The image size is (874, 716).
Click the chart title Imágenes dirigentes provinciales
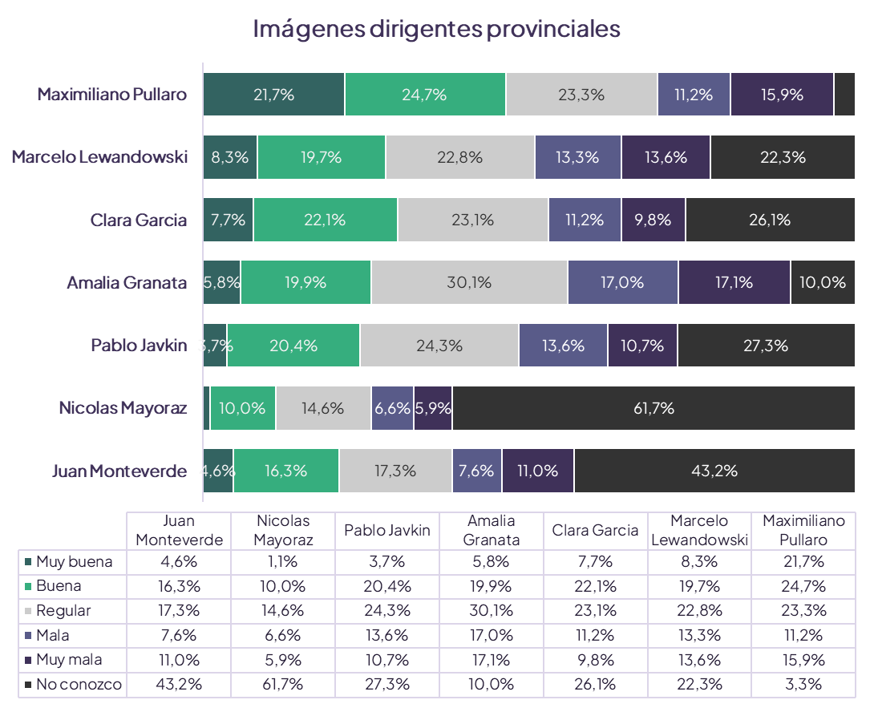(x=437, y=29)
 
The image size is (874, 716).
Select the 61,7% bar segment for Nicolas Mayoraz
(x=653, y=408)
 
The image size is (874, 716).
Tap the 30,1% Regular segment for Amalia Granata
(x=469, y=282)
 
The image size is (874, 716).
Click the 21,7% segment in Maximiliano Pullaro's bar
(x=273, y=95)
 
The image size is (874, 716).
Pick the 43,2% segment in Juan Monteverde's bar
(x=714, y=471)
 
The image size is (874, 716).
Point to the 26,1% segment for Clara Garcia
(x=770, y=220)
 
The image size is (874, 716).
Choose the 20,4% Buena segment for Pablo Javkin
(x=293, y=346)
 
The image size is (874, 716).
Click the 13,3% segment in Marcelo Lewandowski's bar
(x=577, y=157)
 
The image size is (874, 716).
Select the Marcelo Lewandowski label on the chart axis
(x=99, y=157)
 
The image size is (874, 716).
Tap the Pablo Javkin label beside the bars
(x=139, y=346)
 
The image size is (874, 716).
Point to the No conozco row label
(x=79, y=685)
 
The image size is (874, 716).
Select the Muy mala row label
(x=68, y=660)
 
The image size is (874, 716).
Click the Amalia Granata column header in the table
(x=491, y=530)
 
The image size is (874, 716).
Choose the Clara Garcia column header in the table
(x=595, y=530)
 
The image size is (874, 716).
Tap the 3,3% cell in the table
(x=803, y=685)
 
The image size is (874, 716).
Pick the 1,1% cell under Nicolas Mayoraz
(x=283, y=562)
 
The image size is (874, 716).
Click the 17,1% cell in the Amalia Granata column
(x=491, y=660)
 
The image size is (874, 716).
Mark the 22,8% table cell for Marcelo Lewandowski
(x=699, y=611)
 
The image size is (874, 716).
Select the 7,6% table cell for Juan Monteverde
(x=179, y=636)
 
